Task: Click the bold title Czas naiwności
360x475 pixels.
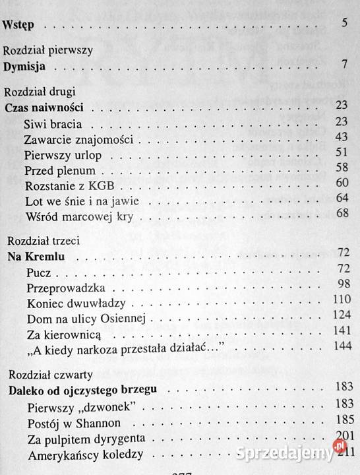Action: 47,107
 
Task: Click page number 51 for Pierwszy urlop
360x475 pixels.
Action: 340,152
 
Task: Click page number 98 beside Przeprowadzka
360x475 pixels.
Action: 341,284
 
